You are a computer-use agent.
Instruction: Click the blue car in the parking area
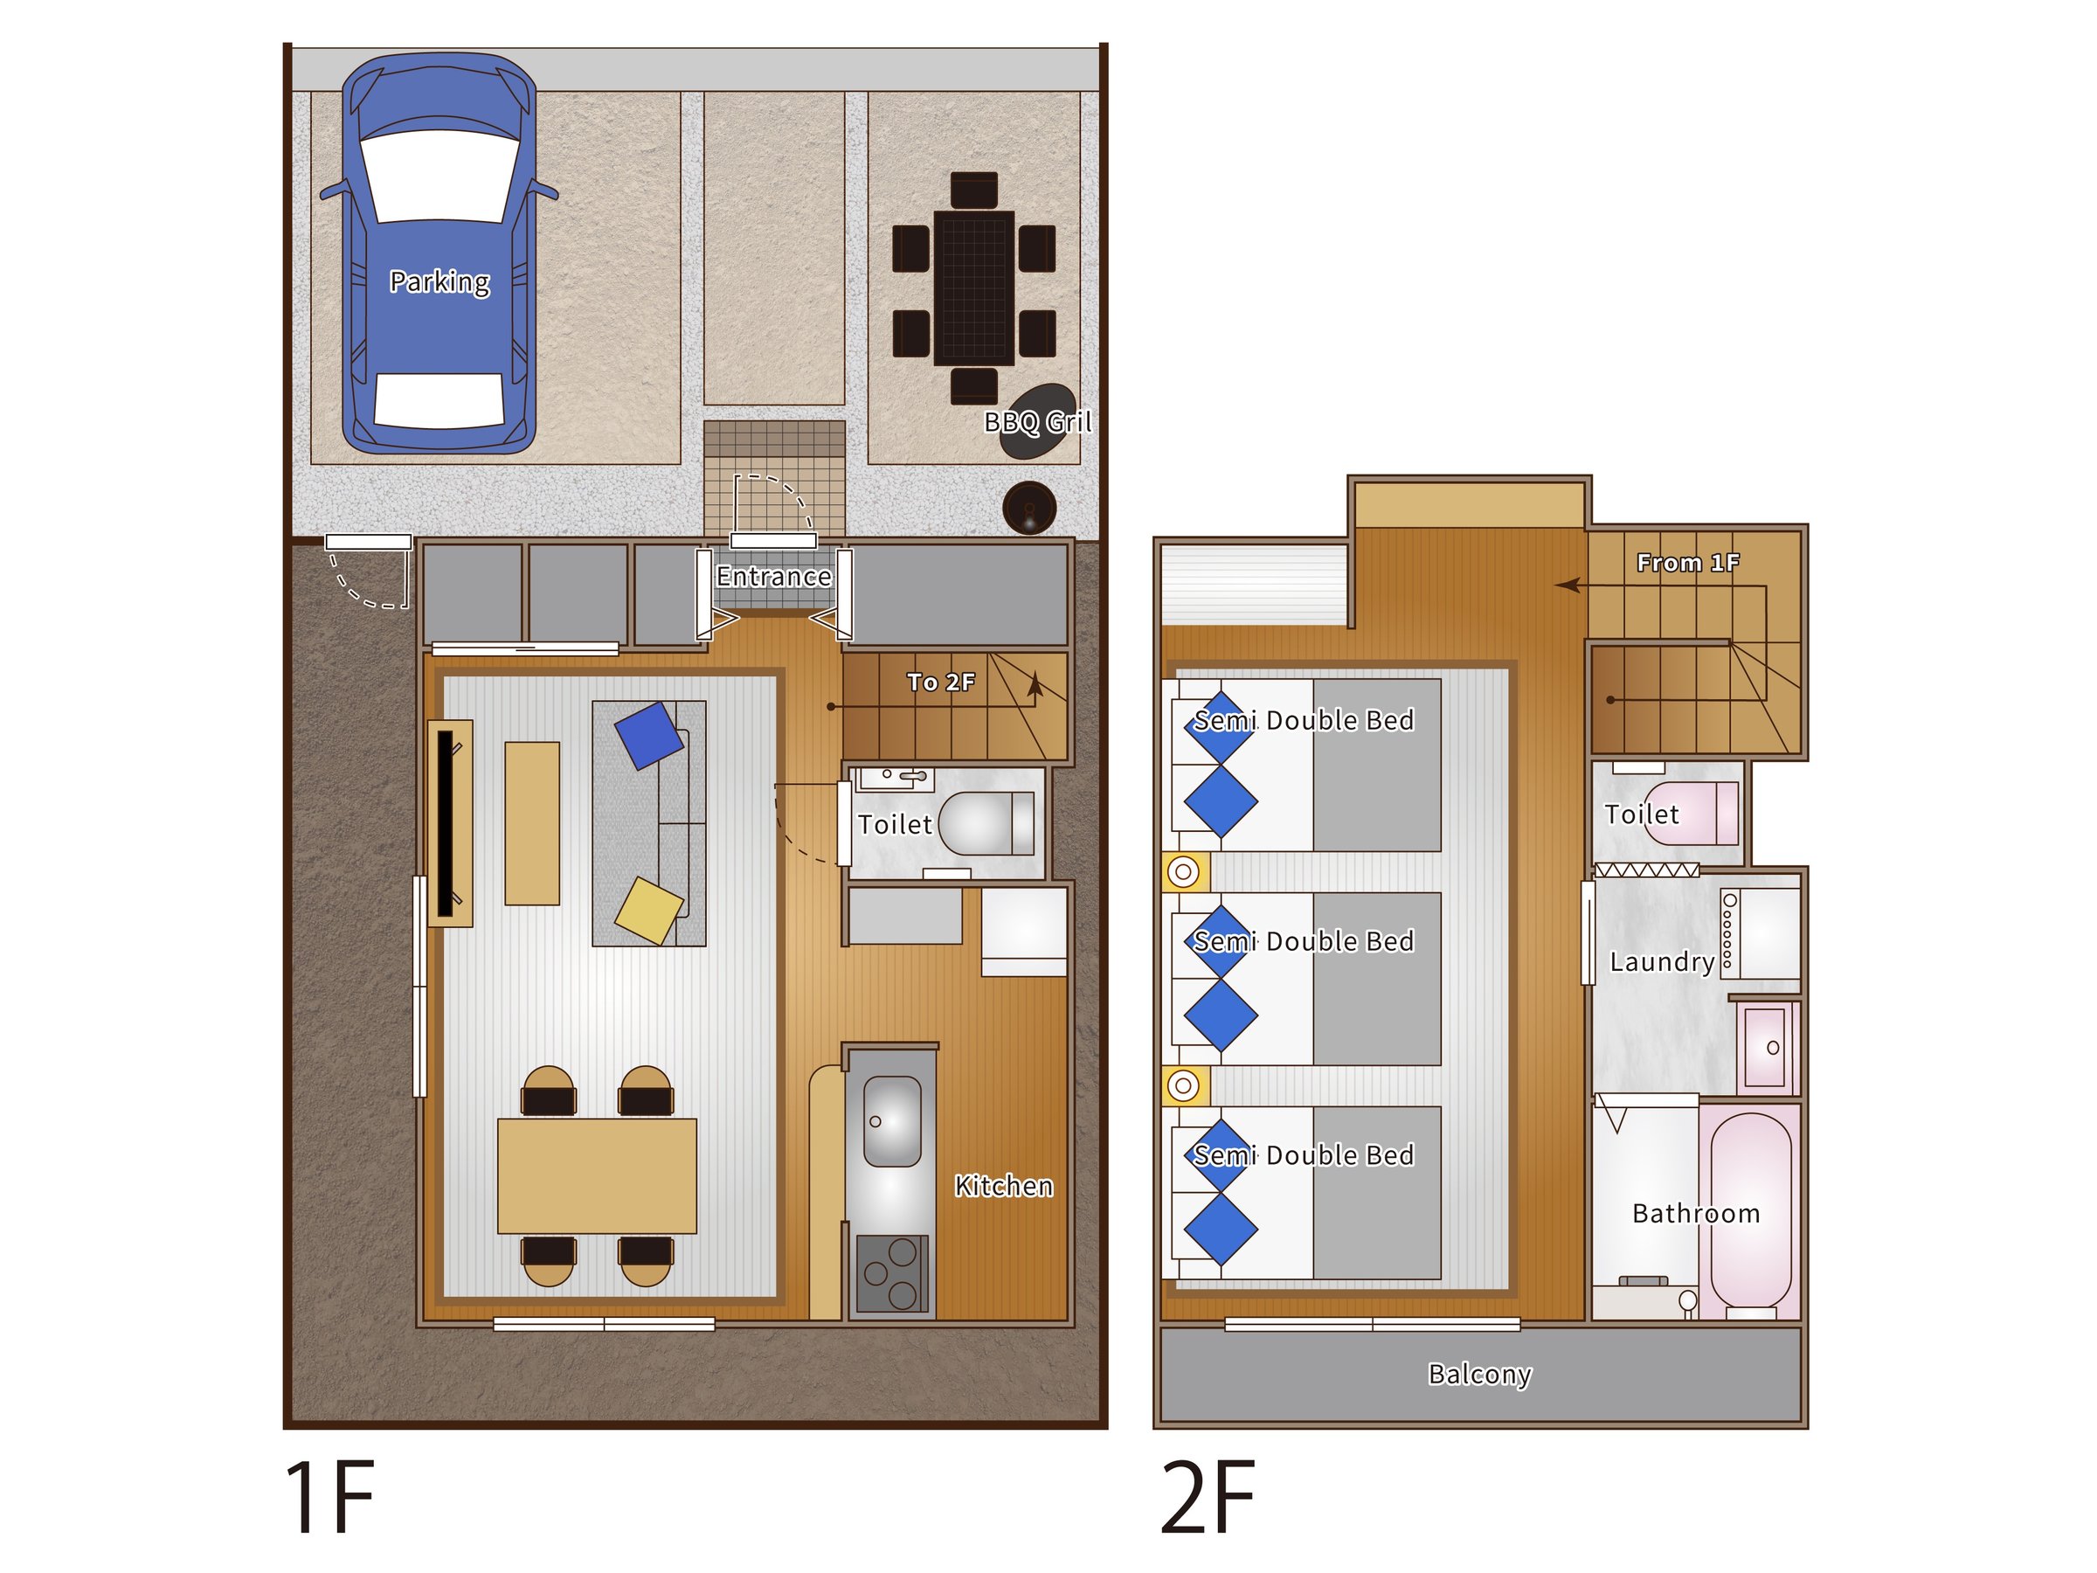click(x=439, y=254)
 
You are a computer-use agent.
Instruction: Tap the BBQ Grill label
click(x=1038, y=422)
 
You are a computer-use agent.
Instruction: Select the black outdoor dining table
click(x=973, y=288)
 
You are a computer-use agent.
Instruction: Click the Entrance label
click(x=773, y=577)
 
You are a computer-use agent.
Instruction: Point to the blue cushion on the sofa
click(x=649, y=735)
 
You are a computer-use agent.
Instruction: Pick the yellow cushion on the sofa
click(x=649, y=911)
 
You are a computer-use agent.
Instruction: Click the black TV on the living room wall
click(x=445, y=823)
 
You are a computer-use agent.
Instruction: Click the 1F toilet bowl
click(x=984, y=823)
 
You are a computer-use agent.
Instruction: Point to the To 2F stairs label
click(x=940, y=683)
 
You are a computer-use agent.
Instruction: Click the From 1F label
click(x=1687, y=563)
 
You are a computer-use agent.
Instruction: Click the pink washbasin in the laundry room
click(x=1765, y=1047)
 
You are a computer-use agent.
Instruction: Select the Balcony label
click(x=1480, y=1375)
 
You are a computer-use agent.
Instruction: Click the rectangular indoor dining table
click(x=598, y=1175)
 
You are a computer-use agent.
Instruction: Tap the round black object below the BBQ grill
click(x=1029, y=507)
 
